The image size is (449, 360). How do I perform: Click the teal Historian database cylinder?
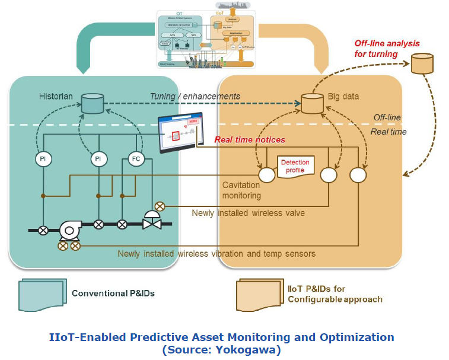92,103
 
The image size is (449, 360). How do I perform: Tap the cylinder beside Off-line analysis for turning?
422,63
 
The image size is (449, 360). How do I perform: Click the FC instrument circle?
137,159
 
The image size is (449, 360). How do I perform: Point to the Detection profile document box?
295,165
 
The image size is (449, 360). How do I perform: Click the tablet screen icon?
180,132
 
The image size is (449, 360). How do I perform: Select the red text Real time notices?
249,140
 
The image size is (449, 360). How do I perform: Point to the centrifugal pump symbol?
71,228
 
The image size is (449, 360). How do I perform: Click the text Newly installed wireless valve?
248,213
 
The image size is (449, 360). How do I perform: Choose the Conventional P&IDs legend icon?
40,294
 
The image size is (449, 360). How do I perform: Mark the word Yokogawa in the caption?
251,349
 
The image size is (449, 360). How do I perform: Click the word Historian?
57,96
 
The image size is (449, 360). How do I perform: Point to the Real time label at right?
389,132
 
